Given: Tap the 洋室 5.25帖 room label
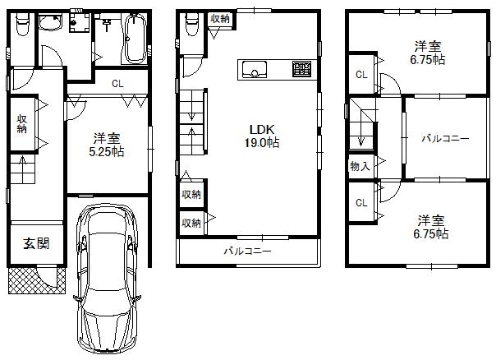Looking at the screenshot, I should (108, 145).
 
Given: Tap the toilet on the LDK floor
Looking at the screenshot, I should (191, 25).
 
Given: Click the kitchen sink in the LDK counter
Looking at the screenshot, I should (252, 71).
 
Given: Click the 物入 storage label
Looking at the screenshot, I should (359, 167).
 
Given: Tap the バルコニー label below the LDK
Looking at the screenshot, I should (247, 252).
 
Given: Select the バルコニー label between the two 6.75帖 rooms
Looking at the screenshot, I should (445, 138).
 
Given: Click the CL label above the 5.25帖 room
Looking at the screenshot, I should (117, 83).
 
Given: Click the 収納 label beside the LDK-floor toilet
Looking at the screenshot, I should (219, 18).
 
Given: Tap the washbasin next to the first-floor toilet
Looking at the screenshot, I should (79, 22).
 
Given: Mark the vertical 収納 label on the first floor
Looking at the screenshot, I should (21, 123).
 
